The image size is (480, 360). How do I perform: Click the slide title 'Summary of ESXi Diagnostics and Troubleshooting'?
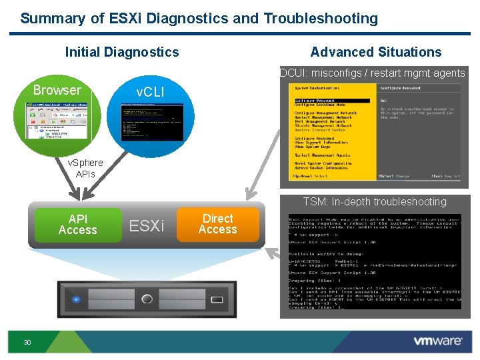199,18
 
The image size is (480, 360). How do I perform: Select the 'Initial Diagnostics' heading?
122,52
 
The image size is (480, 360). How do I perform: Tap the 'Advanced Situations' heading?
376,52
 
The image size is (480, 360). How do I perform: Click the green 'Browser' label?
57,90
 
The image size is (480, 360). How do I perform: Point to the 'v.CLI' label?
149,92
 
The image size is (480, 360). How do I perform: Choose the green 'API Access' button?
78,225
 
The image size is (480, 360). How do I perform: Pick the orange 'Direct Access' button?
218,224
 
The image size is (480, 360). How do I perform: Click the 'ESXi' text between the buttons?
146,226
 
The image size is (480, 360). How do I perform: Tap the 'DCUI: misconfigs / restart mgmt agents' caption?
373,73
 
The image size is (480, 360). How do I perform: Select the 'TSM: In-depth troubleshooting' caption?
374,201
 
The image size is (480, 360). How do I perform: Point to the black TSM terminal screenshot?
374,261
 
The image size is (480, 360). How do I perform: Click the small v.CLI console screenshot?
149,121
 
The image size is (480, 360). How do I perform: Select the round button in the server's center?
147,299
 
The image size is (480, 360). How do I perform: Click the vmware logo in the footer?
437,341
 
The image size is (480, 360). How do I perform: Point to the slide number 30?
27,342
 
